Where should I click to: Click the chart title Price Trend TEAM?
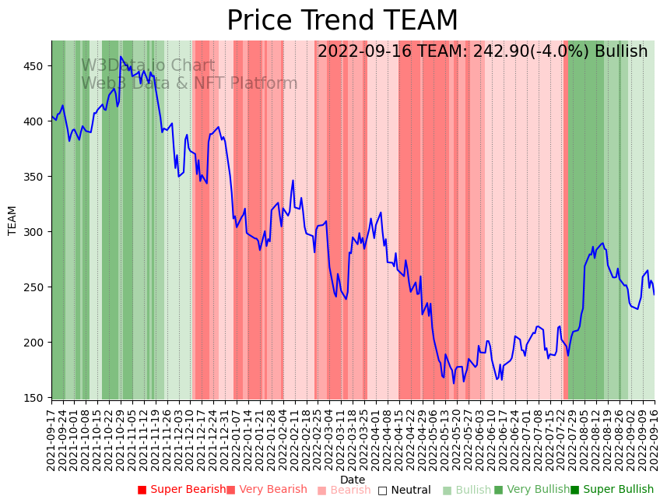click(x=342, y=21)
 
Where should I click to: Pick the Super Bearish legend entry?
click(x=181, y=490)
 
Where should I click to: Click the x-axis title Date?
click(x=353, y=480)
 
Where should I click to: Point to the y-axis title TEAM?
click(x=12, y=220)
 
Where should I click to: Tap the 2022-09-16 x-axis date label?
click(x=654, y=440)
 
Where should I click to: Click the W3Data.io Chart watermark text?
click(x=148, y=65)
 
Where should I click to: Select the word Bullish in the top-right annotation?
click(x=621, y=52)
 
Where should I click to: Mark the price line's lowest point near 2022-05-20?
click(x=454, y=383)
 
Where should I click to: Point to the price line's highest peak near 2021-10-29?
click(x=121, y=57)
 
